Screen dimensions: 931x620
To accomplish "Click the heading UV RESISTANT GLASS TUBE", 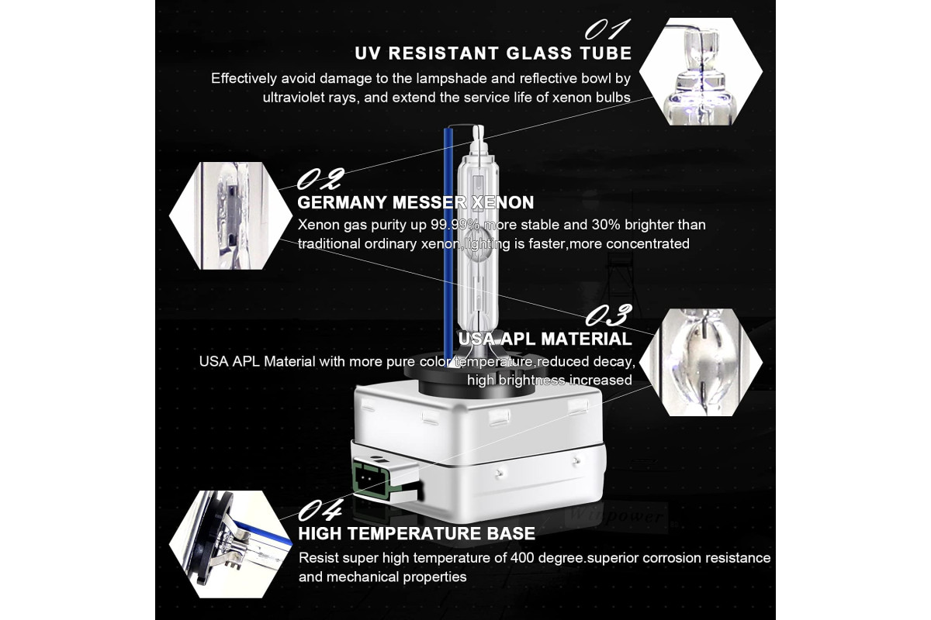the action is (x=493, y=53).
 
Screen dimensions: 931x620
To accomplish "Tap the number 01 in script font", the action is (x=607, y=29).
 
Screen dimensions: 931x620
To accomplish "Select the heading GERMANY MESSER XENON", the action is (x=416, y=202).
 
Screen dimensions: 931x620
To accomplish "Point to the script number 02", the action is (x=320, y=178).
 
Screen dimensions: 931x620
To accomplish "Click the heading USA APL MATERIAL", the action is (x=545, y=339).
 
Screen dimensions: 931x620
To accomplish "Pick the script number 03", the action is (x=608, y=315).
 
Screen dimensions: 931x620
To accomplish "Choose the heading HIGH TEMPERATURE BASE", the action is (x=417, y=534).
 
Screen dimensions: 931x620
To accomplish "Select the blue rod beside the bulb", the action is (x=448, y=246).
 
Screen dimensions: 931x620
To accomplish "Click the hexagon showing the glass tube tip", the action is (x=701, y=71).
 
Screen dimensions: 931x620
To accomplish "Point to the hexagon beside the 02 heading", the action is (x=230, y=215).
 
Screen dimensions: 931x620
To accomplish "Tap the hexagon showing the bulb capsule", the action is (x=701, y=362).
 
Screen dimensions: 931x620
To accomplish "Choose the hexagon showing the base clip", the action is (x=230, y=544).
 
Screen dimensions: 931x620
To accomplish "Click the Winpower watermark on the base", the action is (x=616, y=517).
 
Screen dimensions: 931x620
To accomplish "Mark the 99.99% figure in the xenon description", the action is (x=455, y=225).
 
